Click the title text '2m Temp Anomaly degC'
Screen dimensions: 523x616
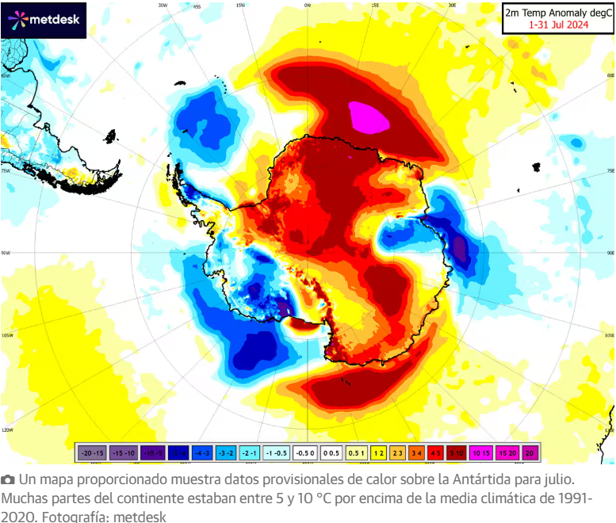point(560,13)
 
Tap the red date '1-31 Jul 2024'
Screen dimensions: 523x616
point(560,25)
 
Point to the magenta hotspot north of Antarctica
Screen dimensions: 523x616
point(369,117)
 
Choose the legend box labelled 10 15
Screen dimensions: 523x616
point(481,452)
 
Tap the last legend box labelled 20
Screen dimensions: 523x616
point(529,452)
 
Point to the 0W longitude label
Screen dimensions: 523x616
point(307,5)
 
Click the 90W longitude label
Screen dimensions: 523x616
point(6,254)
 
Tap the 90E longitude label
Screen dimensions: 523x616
point(610,254)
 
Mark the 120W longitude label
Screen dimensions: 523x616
point(6,430)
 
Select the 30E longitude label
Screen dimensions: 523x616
point(451,5)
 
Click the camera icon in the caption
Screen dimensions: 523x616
point(8,480)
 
